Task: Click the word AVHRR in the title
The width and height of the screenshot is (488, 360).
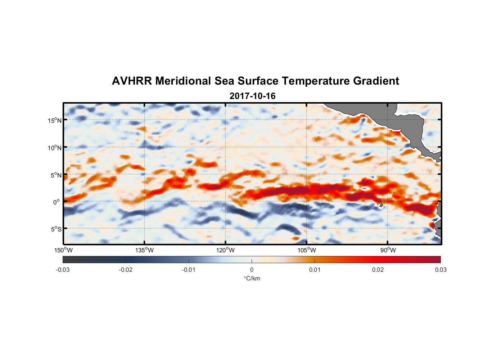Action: tap(132, 81)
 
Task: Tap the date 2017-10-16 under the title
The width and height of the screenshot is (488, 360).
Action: tap(252, 96)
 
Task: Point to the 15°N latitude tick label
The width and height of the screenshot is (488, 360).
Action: tap(55, 120)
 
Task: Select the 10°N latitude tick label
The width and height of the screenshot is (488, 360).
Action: tap(55, 148)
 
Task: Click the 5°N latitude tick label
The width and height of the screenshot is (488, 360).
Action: tap(56, 175)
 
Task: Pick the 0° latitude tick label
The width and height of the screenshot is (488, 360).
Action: tap(57, 202)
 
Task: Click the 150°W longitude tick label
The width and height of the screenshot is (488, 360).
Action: tap(63, 250)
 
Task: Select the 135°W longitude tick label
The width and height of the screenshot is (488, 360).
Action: tap(144, 250)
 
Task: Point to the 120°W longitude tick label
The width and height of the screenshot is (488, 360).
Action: tap(225, 250)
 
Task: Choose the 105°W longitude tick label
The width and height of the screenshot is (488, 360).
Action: tap(307, 250)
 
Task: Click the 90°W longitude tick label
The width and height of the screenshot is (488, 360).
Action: tap(388, 250)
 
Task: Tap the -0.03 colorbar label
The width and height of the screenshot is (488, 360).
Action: tap(63, 270)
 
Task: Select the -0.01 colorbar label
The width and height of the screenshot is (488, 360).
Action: tap(189, 270)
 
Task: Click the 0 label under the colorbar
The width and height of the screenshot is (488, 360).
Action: tap(252, 270)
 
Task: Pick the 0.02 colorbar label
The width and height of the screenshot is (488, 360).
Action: tap(378, 270)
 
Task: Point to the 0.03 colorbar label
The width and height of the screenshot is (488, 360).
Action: tap(440, 270)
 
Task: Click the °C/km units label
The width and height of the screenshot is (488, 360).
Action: tap(252, 278)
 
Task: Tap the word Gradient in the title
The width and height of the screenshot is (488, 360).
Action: tap(376, 81)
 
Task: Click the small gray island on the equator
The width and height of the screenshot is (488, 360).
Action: tap(381, 204)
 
